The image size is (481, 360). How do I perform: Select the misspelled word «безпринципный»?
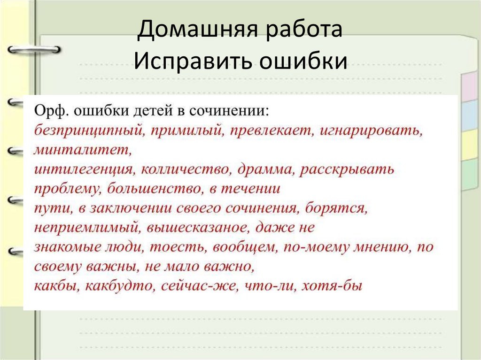coord(87,131)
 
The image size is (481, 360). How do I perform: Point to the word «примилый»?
coord(186,131)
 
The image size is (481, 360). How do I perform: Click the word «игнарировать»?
coord(371,131)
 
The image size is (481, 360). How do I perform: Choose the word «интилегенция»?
coord(84,170)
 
